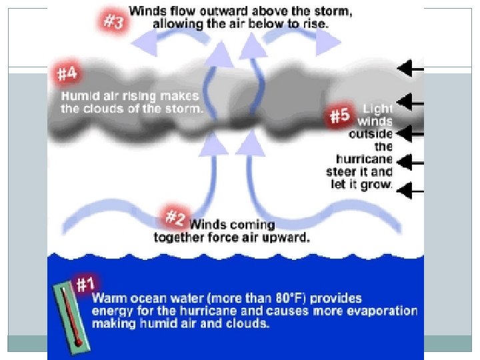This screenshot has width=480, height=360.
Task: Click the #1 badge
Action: [x=85, y=284]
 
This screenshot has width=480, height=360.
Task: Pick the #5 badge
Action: [x=340, y=115]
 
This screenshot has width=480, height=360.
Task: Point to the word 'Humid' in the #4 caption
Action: [x=77, y=96]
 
